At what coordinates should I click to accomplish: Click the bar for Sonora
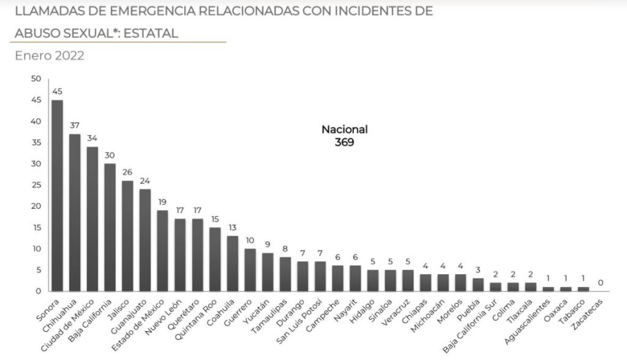point(57,195)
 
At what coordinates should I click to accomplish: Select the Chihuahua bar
point(75,212)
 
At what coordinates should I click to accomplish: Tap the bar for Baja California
point(110,227)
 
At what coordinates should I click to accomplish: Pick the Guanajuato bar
point(145,240)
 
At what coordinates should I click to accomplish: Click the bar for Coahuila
point(233,263)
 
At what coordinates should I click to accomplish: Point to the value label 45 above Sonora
point(57,92)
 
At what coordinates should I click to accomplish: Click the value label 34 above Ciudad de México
point(92,138)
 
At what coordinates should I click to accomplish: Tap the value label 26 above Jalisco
point(127,173)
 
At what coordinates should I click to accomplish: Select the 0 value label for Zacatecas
point(601,283)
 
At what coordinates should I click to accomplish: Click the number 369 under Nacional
point(345,141)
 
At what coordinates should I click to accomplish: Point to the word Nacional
point(345,129)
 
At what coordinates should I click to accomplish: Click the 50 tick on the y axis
point(35,79)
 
